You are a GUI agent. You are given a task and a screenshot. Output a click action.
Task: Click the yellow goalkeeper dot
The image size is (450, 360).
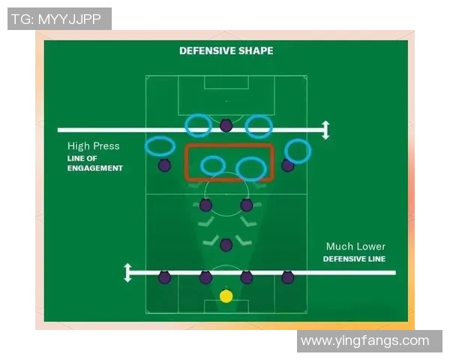[226, 296]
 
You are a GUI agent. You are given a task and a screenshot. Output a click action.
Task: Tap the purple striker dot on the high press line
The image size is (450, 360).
[226, 125]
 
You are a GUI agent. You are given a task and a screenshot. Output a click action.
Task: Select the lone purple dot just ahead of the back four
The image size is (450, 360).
[226, 244]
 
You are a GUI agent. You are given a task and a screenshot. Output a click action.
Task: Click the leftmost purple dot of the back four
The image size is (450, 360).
[164, 277]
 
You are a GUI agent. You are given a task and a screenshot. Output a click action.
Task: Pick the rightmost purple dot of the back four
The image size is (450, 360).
[287, 277]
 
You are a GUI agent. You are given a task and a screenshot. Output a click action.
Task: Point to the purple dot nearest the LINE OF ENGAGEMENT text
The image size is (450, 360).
[164, 165]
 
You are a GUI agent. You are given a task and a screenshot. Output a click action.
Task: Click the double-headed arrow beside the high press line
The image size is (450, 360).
[325, 130]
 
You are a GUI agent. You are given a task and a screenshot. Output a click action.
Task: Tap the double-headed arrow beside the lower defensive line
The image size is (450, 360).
[128, 272]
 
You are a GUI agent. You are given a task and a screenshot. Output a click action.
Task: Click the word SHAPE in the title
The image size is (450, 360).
[256, 51]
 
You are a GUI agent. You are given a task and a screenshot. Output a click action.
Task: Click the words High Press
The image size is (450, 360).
[93, 146]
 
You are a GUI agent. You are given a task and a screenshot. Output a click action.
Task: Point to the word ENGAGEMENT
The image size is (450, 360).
[94, 169]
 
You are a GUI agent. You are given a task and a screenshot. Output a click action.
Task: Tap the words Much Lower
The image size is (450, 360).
[355, 247]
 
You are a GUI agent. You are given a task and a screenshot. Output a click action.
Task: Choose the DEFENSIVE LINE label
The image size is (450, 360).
[354, 259]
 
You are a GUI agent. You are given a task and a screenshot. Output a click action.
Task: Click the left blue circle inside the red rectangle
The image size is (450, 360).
[213, 165]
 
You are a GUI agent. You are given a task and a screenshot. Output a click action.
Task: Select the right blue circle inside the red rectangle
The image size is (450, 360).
[251, 169]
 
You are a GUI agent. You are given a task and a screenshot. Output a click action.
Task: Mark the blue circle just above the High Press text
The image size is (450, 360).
[160, 146]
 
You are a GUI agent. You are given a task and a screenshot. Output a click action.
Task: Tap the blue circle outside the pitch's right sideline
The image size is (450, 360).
[298, 151]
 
